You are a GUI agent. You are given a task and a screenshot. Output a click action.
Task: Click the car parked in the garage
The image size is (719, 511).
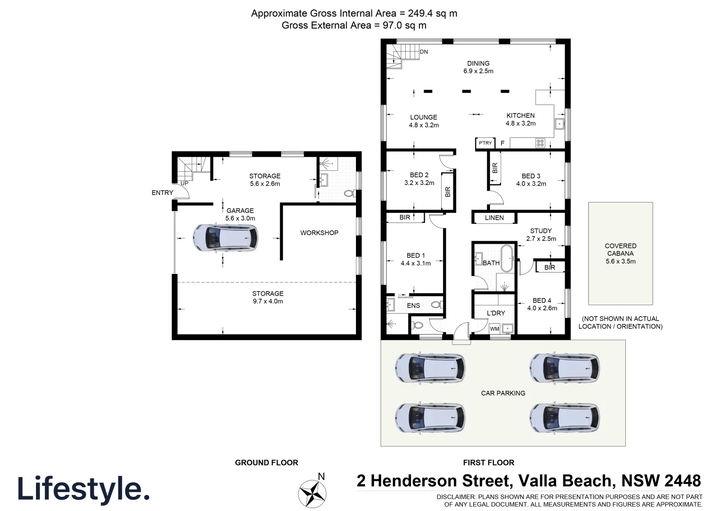coord(225,237)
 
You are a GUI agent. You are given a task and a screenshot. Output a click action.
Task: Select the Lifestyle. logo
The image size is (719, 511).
coord(84,488)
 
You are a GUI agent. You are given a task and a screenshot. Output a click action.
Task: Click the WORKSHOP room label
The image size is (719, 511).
coord(319,233)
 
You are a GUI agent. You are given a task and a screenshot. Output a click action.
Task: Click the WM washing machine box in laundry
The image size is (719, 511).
coord(494,329)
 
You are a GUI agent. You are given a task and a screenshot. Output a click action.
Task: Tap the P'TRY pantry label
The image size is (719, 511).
coord(485,143)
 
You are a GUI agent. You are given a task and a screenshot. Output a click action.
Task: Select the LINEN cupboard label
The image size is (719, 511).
coord(494,218)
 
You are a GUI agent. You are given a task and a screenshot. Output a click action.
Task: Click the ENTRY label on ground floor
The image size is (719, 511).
coord(162,193)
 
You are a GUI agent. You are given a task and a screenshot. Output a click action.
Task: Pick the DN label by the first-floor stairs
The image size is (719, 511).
coord(424,52)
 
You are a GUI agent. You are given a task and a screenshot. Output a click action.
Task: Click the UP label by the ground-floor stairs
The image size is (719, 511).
coord(184,183)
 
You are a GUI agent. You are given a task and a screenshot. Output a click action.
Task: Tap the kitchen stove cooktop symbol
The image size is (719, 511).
coord(540,143)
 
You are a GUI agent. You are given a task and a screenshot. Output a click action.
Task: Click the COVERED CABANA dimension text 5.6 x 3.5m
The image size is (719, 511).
coord(620,261)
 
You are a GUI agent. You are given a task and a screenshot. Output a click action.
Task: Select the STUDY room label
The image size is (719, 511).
coord(541,231)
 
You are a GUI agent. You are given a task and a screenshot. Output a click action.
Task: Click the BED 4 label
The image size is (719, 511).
coord(541,300)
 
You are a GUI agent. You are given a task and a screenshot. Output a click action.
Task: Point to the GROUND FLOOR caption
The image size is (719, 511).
coord(266,463)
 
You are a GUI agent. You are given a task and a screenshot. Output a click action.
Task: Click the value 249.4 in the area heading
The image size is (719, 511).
coord(423,13)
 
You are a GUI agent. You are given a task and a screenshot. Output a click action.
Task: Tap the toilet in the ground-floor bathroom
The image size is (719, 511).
coord(349,194)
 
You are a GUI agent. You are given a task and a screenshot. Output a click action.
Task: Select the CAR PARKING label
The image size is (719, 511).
coord(503,393)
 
